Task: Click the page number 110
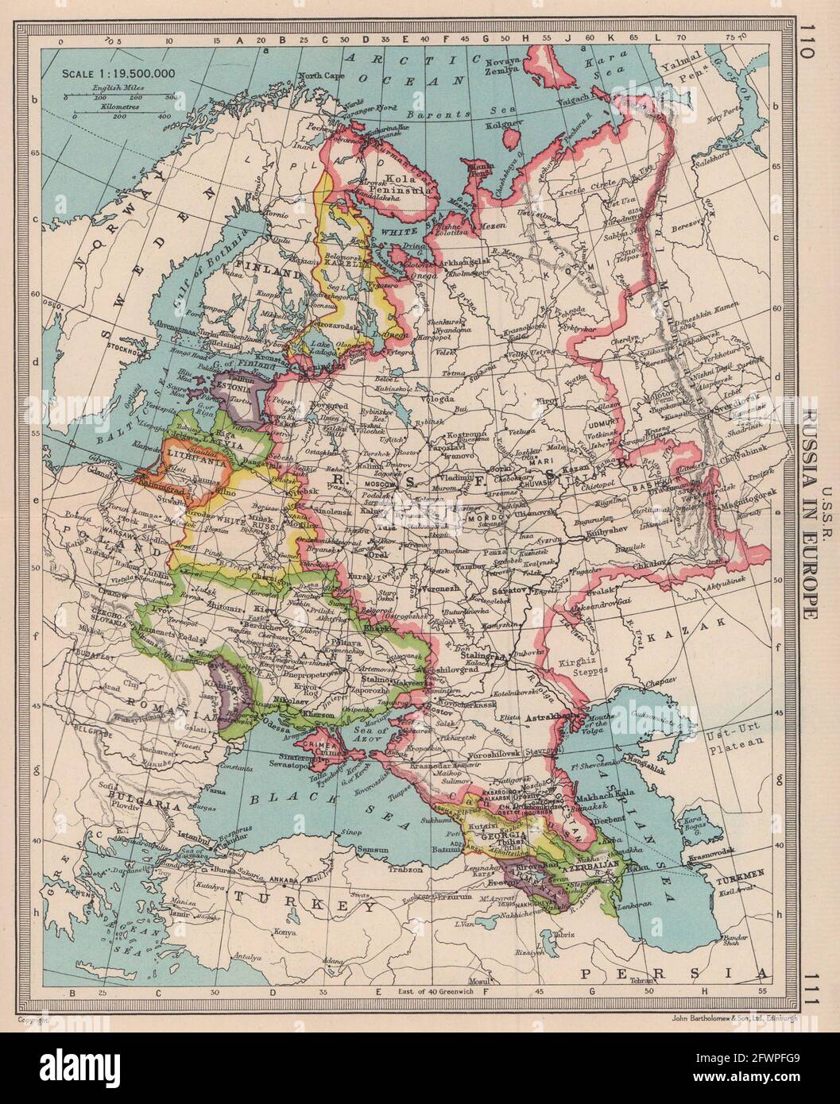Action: point(809,49)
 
